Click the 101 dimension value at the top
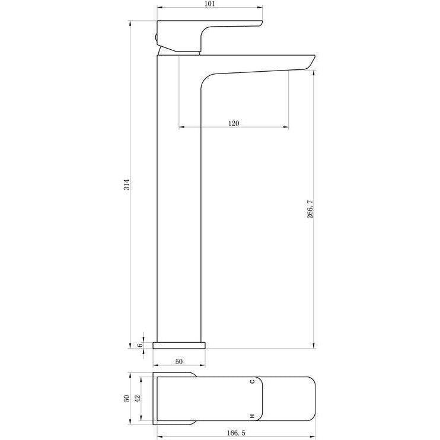pos(209,4)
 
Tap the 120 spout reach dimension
pos(234,123)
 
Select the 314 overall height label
pos(127,184)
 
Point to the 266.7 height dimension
pos(310,209)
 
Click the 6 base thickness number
pos(140,345)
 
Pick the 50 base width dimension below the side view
pos(178,362)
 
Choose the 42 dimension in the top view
pos(138,398)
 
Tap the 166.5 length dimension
pos(236,433)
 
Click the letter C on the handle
pos(252,381)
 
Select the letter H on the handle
pos(252,416)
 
